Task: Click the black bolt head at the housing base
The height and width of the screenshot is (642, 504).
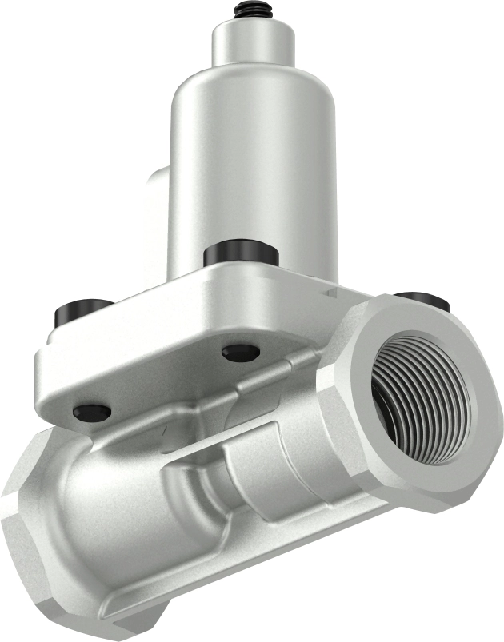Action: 240,255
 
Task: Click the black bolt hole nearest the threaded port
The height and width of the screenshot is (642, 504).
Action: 241,353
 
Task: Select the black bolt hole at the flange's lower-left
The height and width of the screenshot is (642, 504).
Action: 91,412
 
